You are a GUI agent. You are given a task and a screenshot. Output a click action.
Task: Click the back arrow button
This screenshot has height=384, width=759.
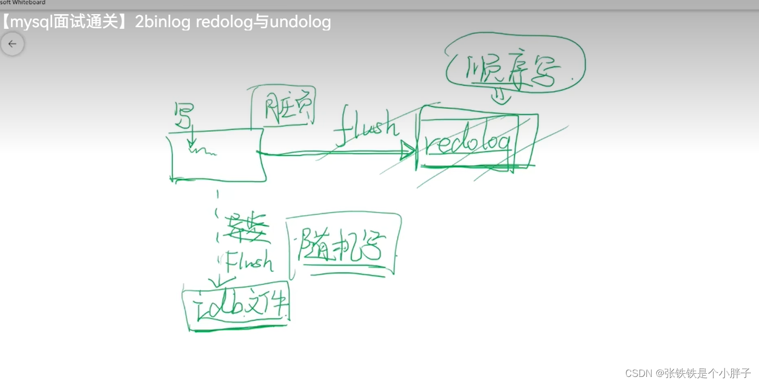[12, 44]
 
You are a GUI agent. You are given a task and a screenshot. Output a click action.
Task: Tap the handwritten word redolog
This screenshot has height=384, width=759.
[468, 143]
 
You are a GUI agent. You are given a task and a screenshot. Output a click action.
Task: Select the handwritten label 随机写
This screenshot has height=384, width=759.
[342, 248]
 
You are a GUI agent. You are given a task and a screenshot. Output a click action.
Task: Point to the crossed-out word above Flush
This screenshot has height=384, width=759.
[246, 227]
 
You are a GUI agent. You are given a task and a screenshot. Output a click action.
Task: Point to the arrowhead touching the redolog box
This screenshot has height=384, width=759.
[408, 151]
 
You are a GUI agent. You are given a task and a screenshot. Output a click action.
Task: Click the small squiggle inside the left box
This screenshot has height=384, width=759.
[202, 151]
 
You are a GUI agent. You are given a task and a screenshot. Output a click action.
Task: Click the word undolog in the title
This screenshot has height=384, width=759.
[300, 22]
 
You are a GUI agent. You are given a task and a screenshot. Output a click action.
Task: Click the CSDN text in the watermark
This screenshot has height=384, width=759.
[638, 373]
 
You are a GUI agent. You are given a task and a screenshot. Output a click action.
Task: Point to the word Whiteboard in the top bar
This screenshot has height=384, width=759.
[29, 3]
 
